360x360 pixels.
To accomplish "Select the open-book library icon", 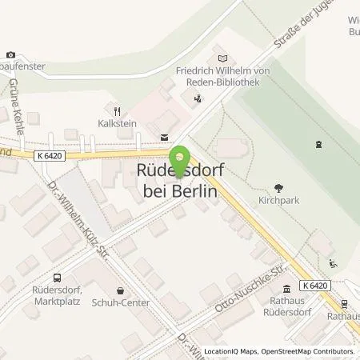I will [222, 58].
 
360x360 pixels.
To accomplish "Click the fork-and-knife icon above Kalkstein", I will [117, 112].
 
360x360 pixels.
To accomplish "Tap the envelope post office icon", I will [165, 137].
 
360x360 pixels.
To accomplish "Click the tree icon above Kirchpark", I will [278, 188].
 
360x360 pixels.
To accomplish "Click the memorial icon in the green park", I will [320, 144].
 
